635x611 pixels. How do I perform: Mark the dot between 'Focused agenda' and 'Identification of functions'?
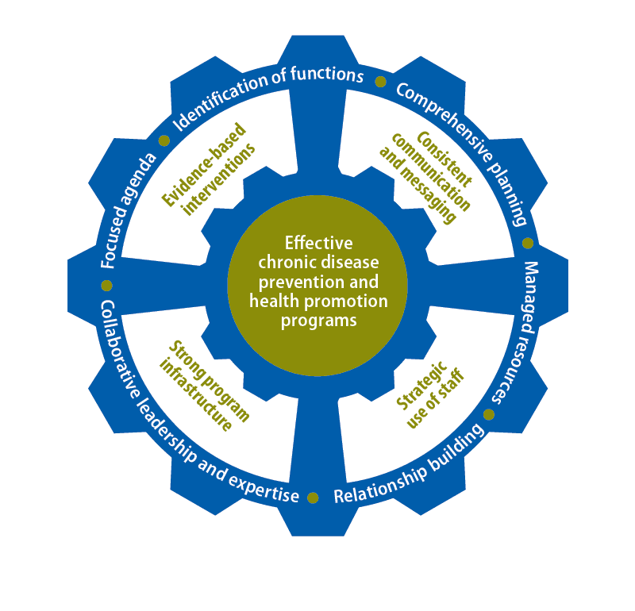(x=164, y=140)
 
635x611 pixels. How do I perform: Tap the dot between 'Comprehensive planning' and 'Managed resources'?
(x=528, y=244)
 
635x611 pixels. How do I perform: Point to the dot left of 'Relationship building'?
(x=313, y=498)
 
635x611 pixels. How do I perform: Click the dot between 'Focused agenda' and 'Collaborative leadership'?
(x=107, y=285)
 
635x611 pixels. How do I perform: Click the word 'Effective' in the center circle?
(x=317, y=243)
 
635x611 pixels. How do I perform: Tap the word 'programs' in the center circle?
(x=318, y=320)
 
